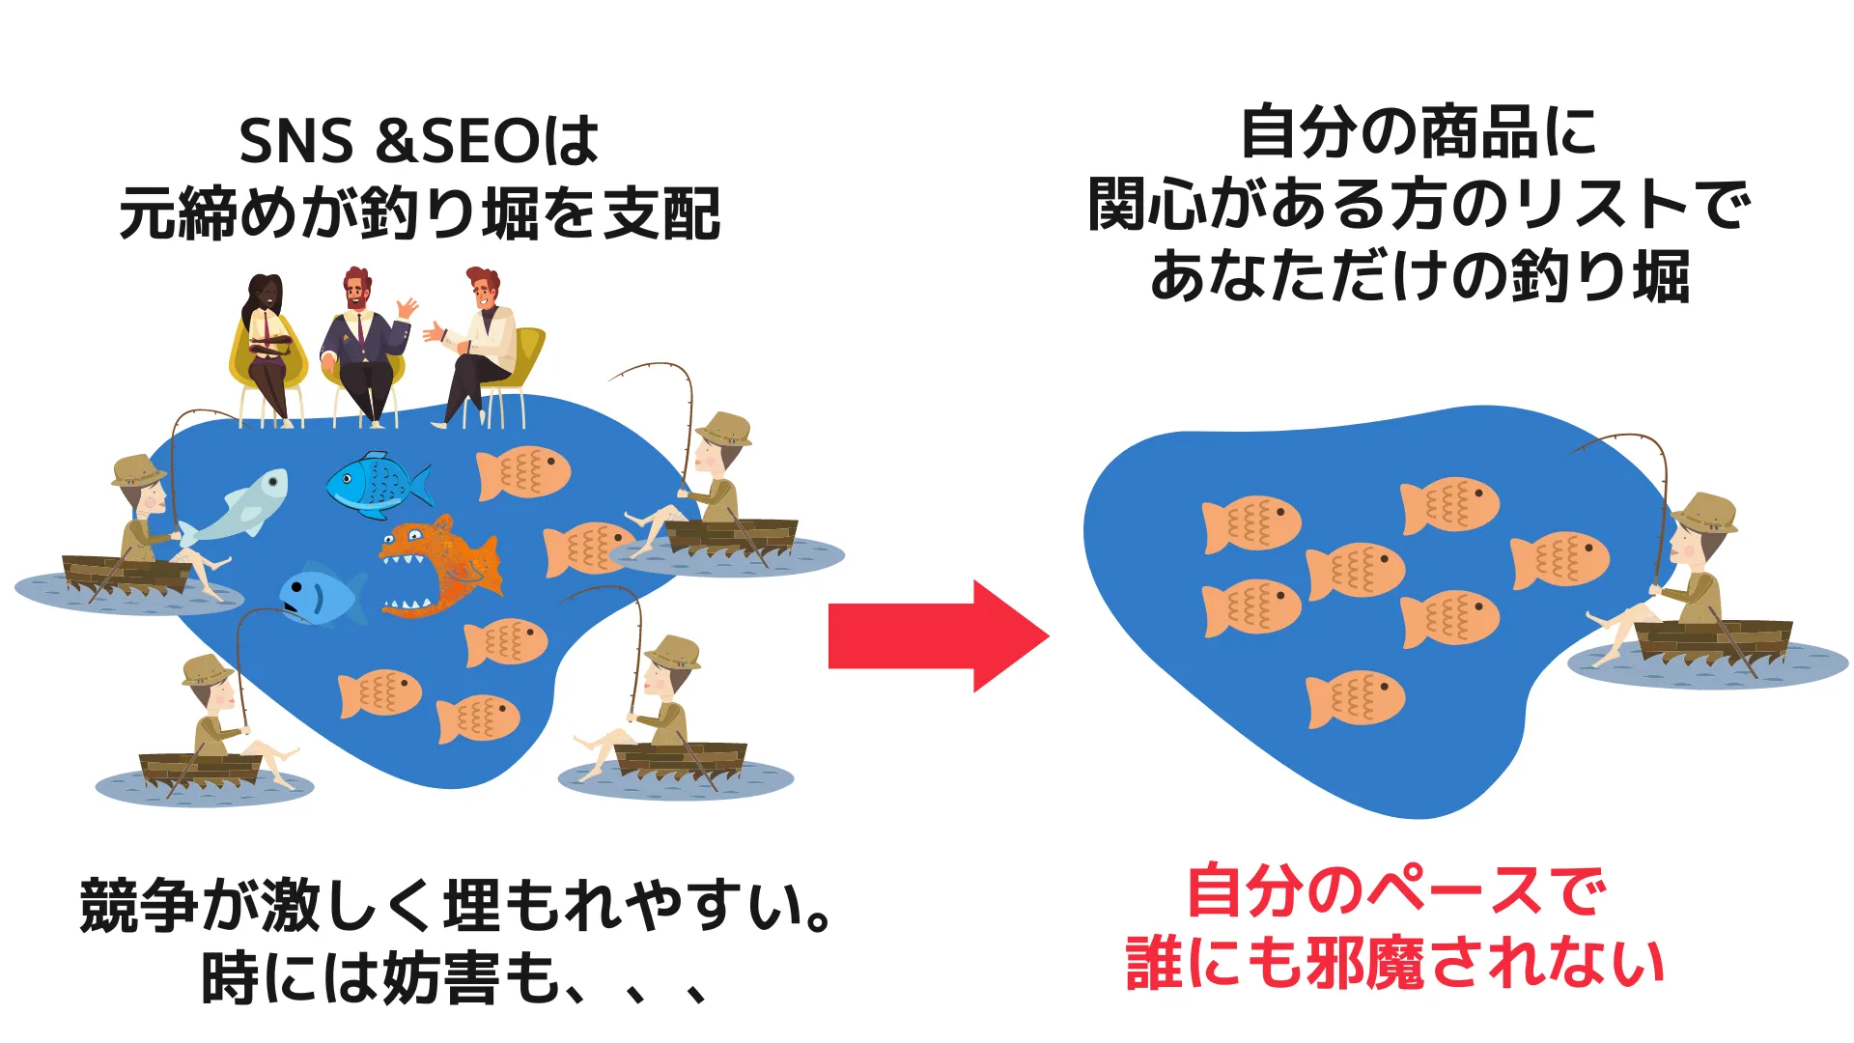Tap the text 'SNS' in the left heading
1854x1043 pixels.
pos(295,141)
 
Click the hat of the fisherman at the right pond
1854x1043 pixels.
pos(1705,512)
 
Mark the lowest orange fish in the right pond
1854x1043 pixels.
pos(1355,698)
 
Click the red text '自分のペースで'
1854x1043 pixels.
pos(1396,890)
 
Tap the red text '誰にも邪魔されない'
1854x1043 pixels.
pos(1396,964)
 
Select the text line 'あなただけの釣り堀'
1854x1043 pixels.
pos(1419,277)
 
